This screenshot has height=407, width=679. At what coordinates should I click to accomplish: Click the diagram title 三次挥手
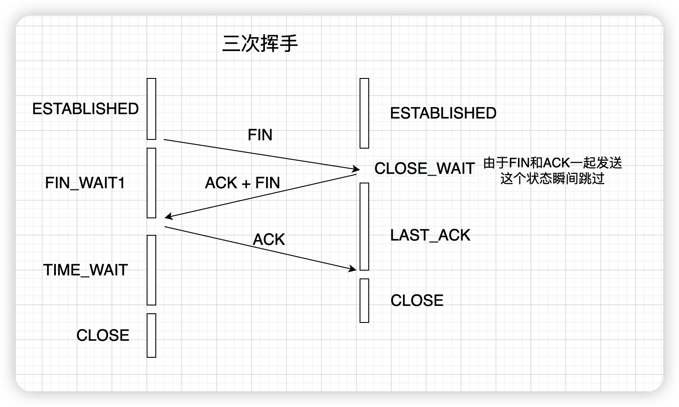(x=260, y=44)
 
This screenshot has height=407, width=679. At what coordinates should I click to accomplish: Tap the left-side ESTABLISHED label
(x=86, y=109)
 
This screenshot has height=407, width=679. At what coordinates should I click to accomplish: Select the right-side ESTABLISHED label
(x=443, y=113)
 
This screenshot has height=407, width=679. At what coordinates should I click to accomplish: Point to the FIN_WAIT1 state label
(x=85, y=183)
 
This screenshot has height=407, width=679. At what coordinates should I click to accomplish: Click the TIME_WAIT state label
(x=86, y=270)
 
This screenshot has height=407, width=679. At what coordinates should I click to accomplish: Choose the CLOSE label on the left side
(x=103, y=336)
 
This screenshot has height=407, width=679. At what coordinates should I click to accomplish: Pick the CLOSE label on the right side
(x=417, y=301)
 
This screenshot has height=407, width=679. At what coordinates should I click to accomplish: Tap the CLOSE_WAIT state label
(x=424, y=169)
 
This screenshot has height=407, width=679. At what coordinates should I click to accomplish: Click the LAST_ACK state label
(x=430, y=235)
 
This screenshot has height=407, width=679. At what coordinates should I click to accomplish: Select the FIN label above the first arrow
(x=260, y=135)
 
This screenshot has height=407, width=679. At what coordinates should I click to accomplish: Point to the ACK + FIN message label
(x=243, y=183)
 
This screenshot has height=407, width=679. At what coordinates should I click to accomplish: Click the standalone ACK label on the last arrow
(x=269, y=240)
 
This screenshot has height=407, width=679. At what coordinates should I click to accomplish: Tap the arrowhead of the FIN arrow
(x=355, y=168)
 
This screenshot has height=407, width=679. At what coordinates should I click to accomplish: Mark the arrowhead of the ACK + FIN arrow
(x=168, y=217)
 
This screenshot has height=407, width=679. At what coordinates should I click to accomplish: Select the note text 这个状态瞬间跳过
(x=552, y=179)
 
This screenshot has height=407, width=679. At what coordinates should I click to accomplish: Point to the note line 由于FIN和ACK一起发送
(x=552, y=163)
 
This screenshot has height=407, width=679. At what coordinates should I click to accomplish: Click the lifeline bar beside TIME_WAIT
(x=151, y=270)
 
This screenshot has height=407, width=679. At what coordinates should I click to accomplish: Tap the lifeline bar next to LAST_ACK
(x=364, y=227)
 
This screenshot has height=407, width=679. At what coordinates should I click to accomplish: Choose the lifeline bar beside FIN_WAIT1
(x=151, y=183)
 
